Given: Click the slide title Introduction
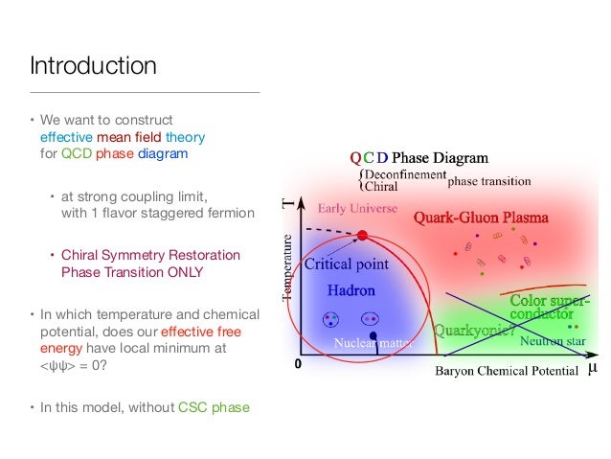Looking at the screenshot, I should tap(93, 66).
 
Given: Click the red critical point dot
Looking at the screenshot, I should tap(362, 235).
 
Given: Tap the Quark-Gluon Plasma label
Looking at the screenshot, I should tap(481, 218).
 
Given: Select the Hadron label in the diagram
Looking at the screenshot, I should tap(351, 288).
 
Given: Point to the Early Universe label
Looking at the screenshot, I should tap(351, 208).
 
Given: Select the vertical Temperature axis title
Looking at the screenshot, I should tap(288, 267).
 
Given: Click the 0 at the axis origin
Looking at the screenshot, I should tap(297, 365).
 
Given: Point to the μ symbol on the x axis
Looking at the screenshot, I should tap(591, 367).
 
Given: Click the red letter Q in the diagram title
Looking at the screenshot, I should tap(355, 157).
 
